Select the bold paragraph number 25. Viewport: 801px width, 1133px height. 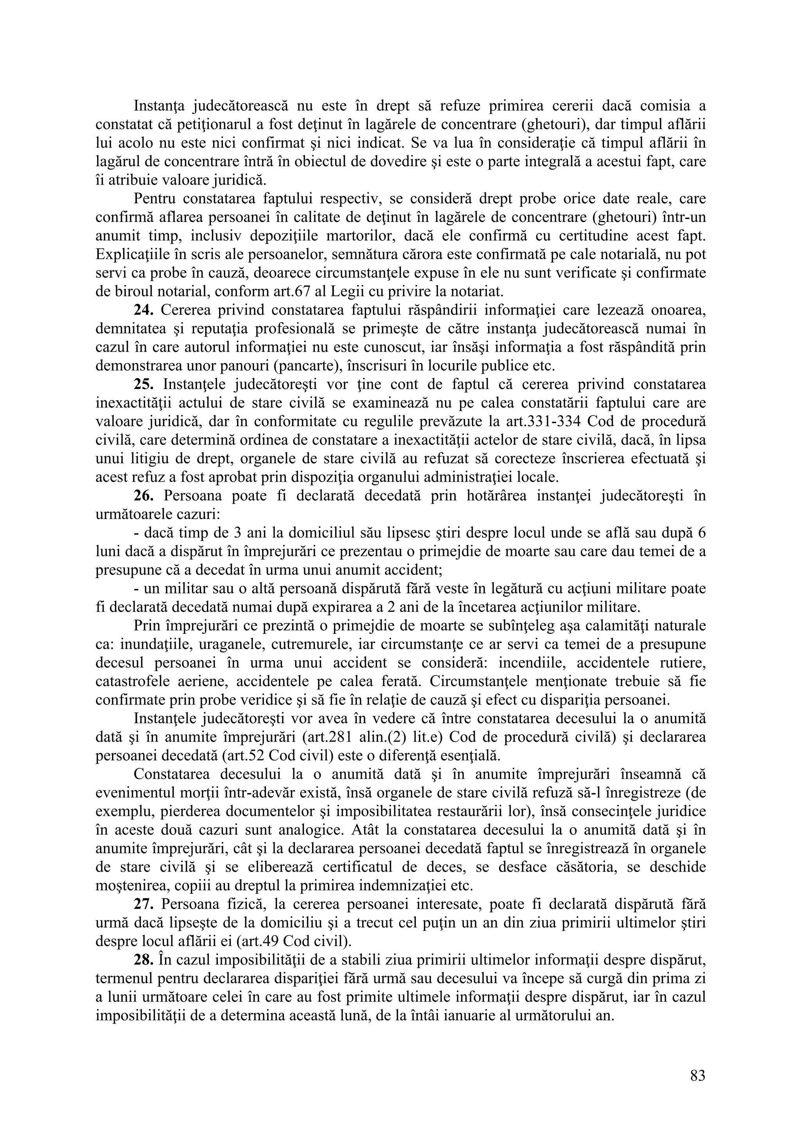(x=144, y=384)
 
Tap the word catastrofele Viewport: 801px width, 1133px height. (x=130, y=681)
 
